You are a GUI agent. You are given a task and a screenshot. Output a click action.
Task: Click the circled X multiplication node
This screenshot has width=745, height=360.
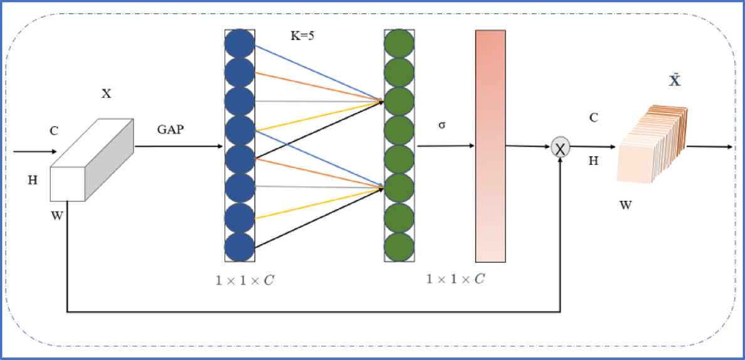point(559,149)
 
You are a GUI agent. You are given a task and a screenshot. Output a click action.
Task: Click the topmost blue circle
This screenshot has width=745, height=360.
point(240,43)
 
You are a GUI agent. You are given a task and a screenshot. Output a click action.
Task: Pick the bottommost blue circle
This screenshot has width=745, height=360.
point(240,246)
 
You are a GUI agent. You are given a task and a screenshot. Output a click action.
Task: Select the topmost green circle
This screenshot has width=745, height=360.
point(399,43)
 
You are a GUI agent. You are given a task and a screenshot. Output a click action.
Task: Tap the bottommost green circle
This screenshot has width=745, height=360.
point(399,246)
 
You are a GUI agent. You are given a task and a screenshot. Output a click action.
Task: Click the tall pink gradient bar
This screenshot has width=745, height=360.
point(490,146)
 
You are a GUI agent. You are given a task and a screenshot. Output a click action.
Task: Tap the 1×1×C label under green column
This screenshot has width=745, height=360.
point(456,278)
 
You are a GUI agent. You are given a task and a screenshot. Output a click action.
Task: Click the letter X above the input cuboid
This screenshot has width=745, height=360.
point(106,93)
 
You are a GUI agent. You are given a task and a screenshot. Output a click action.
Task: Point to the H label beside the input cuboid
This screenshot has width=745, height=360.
point(33,181)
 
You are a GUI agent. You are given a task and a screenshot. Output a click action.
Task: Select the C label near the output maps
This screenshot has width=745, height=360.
point(593,117)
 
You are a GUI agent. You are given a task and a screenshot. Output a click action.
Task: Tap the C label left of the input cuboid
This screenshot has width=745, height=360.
point(55,131)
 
